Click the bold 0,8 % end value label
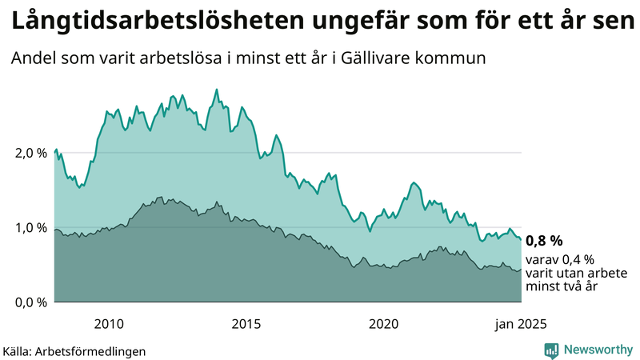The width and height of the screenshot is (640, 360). pyautogui.click(x=545, y=240)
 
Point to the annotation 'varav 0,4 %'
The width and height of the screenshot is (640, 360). pyautogui.click(x=560, y=260)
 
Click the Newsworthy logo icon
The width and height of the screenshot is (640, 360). pyautogui.click(x=551, y=350)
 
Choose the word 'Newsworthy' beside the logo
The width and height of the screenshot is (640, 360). pyautogui.click(x=597, y=350)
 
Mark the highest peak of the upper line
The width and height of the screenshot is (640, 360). pyautogui.click(x=217, y=89)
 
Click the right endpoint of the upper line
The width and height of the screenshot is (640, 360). pyautogui.click(x=521, y=239)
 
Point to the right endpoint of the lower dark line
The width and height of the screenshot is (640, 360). pyautogui.click(x=521, y=270)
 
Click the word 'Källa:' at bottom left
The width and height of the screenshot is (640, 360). pyautogui.click(x=21, y=351)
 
